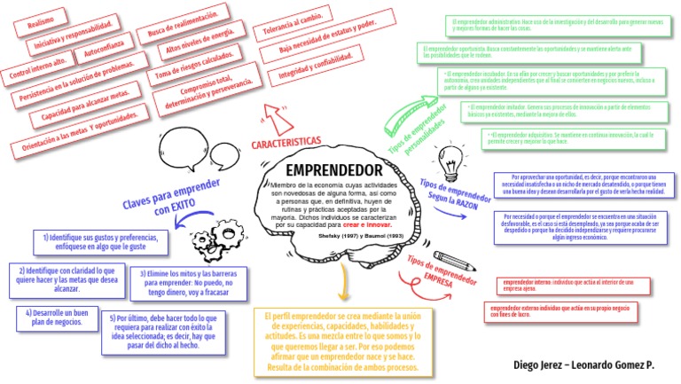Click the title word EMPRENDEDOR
pos(333,169)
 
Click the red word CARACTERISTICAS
pos(286,142)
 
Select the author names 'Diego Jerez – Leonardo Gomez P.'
pos(583,364)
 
